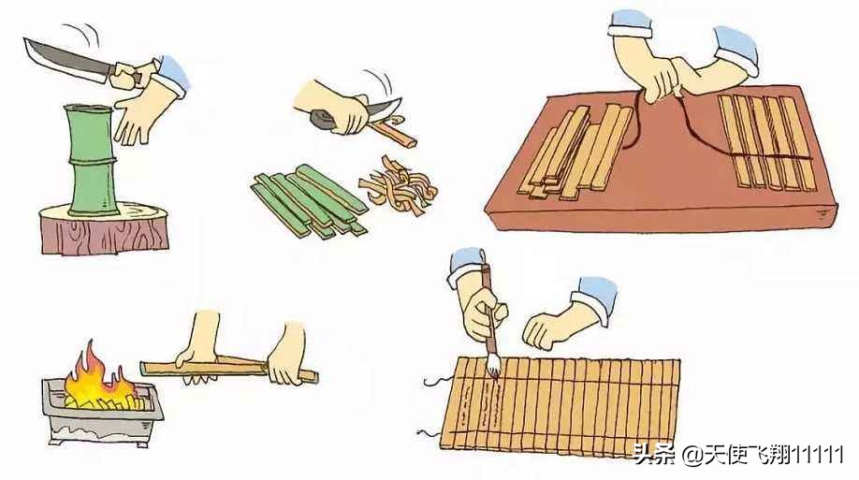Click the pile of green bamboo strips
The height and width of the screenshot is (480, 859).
coord(310,200)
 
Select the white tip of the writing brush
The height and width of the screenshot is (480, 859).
coord(494,365)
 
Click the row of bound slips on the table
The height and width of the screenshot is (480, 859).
coord(767,142)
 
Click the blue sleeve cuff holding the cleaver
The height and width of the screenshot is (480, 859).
coord(171,76)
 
